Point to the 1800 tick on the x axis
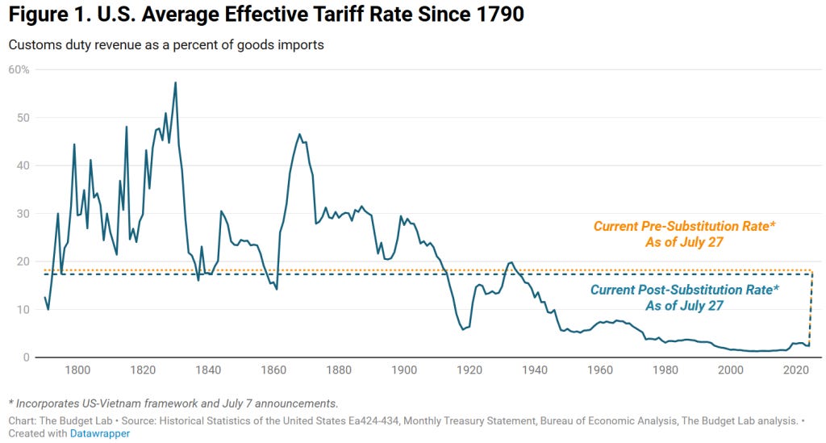click(77, 370)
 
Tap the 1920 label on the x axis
click(469, 370)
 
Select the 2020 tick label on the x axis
click(796, 370)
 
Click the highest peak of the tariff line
click(175, 82)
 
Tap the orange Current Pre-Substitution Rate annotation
click(685, 234)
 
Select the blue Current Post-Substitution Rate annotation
click(685, 297)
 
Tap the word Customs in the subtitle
click(33, 45)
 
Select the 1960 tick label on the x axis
click(600, 370)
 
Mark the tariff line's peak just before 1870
click(299, 134)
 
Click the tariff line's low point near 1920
click(463, 329)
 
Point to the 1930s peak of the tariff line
click(510, 262)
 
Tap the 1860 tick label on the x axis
click(273, 370)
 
